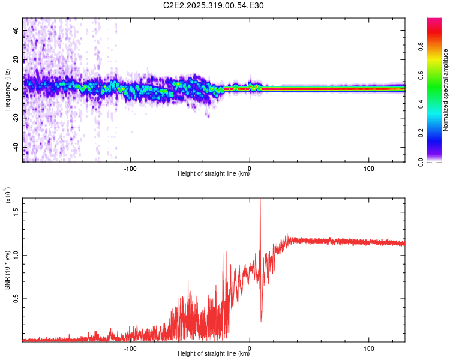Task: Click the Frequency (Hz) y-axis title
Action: [x=7, y=89]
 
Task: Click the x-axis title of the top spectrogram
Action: [x=214, y=174]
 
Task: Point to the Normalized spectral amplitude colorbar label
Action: [x=446, y=90]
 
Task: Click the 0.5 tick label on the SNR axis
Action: [x=16, y=298]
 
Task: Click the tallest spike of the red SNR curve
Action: [x=260, y=200]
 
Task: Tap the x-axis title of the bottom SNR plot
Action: [x=214, y=354]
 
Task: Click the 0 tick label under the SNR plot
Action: [x=250, y=347]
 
